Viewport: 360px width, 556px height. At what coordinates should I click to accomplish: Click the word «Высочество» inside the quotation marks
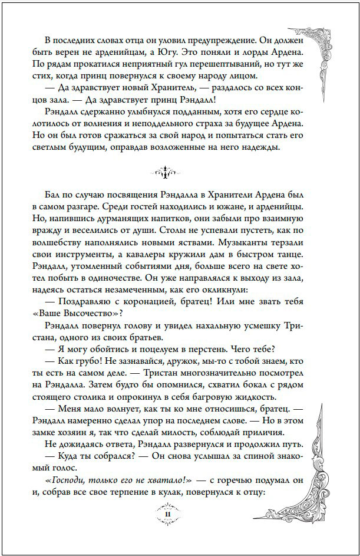88,314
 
